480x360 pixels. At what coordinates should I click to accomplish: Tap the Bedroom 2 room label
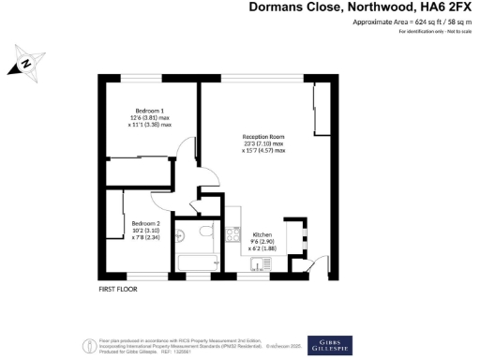(144, 222)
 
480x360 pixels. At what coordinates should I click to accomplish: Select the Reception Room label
(263, 136)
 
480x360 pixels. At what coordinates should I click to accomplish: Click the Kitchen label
(262, 233)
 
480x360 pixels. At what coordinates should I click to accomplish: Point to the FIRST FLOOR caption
(118, 290)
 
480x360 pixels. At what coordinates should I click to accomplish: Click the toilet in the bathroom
(184, 233)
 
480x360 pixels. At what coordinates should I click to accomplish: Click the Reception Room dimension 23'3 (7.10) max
(263, 143)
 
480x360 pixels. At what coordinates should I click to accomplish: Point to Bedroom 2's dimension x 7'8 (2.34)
(144, 237)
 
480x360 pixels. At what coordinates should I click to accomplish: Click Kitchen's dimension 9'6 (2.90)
(262, 241)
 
